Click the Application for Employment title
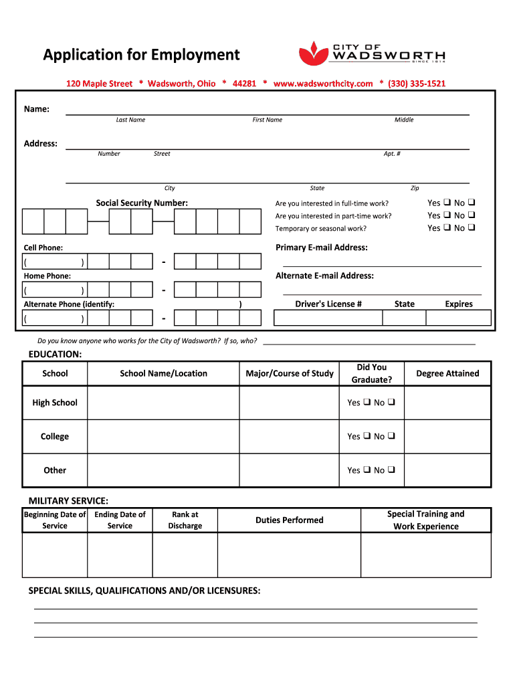tap(141, 55)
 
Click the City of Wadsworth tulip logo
tap(311, 53)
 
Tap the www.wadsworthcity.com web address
tap(323, 84)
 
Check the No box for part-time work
tap(472, 215)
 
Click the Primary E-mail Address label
tap(321, 248)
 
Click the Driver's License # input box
tap(328, 318)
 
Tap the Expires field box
tap(459, 318)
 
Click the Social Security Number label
tap(142, 203)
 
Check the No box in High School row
tap(391, 403)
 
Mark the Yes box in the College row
tap(366, 436)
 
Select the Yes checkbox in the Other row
tap(366, 470)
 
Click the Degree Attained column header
tap(447, 373)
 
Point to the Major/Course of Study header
tap(289, 373)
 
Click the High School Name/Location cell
tap(163, 403)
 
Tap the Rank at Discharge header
tap(185, 520)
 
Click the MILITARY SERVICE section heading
tap(68, 501)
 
